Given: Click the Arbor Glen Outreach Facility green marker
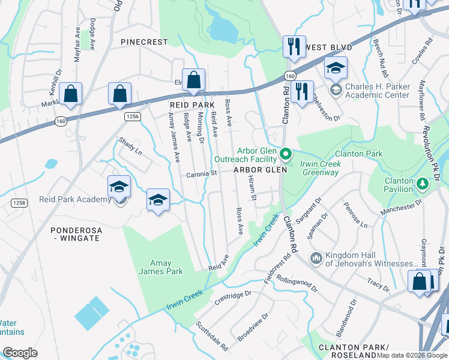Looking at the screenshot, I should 286,155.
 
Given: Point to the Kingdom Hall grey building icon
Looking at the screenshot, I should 316,259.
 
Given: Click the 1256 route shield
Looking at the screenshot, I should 133,116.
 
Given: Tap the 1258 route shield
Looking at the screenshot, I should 18,203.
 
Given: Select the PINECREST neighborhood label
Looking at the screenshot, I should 143,42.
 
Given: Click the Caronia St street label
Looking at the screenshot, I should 201,174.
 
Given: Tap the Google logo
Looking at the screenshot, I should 20,353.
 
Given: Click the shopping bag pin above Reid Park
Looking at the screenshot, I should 194,80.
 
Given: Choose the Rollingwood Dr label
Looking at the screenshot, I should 297,281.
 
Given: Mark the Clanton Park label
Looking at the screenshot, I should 359,154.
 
